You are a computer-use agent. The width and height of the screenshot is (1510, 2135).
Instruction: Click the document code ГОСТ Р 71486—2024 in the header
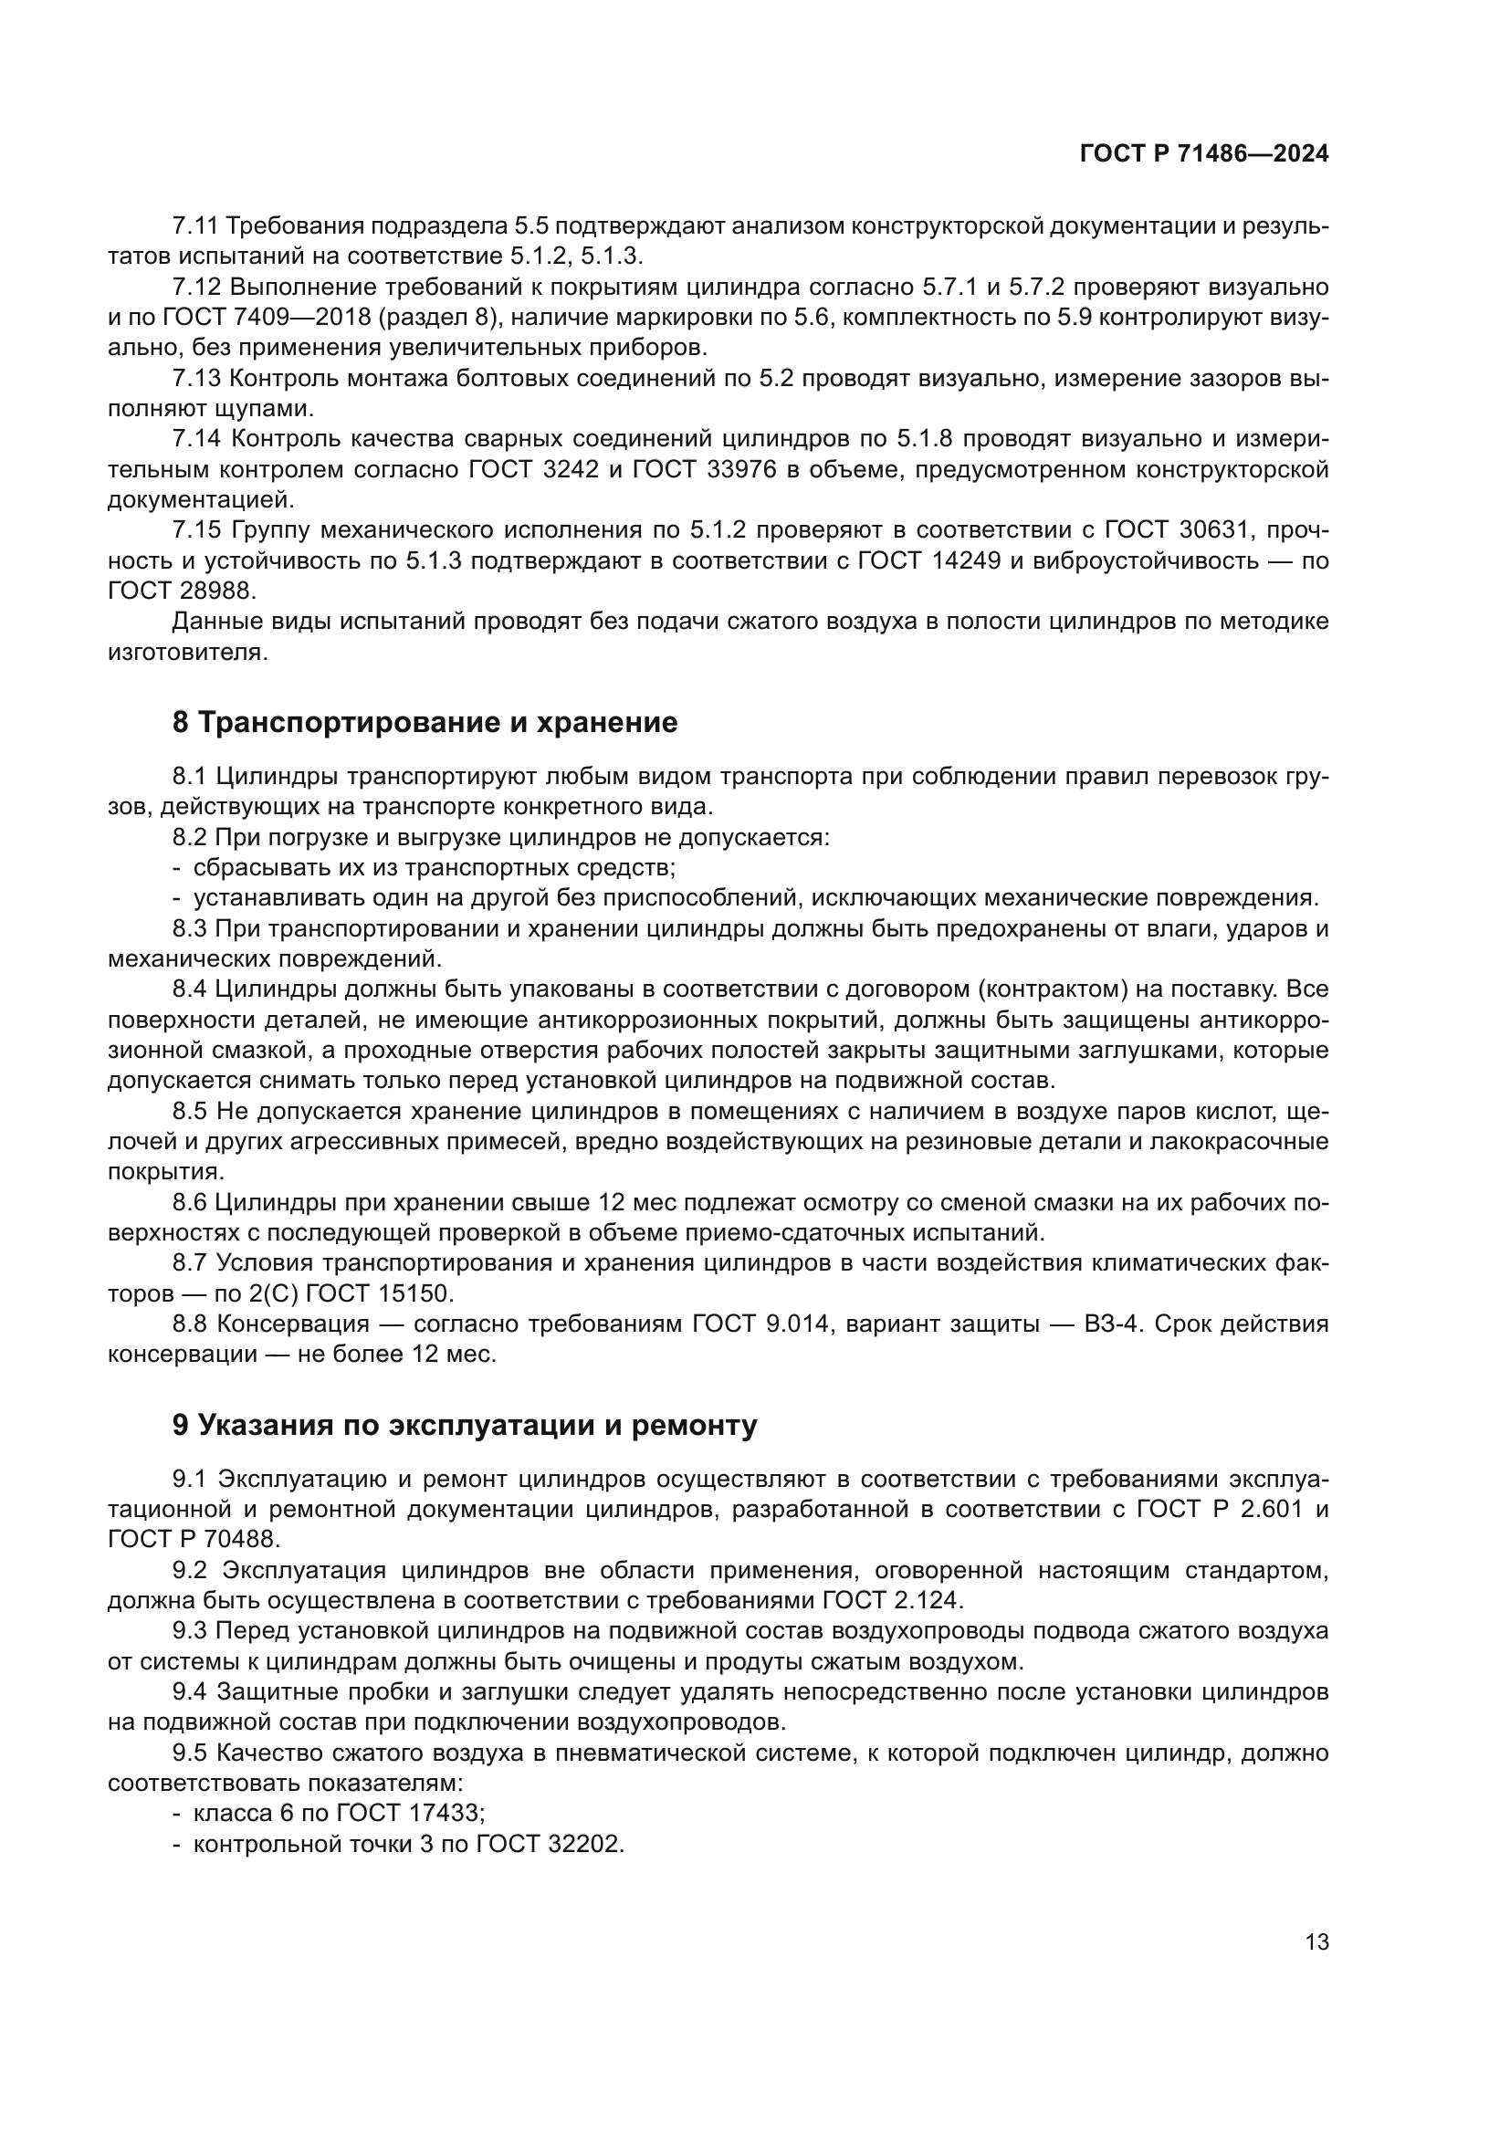point(1204,154)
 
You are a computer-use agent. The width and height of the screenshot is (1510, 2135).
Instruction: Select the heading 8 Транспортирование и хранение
point(425,723)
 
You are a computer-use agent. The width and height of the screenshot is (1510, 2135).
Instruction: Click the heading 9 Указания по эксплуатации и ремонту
point(465,1425)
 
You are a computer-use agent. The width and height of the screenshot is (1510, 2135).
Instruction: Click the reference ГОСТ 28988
point(182,591)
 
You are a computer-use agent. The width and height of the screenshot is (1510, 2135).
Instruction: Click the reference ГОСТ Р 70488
point(194,1539)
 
